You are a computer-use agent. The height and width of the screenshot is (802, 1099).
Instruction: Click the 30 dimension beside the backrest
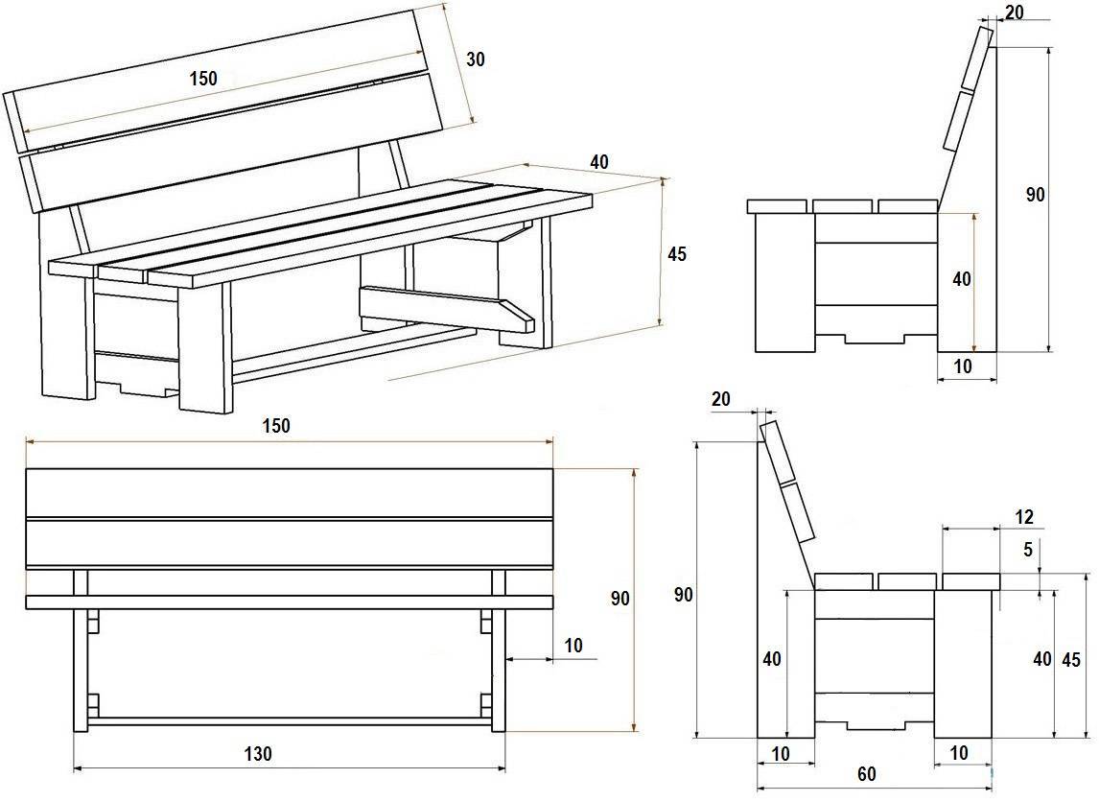coord(475,59)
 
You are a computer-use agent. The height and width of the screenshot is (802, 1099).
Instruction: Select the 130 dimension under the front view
coord(258,754)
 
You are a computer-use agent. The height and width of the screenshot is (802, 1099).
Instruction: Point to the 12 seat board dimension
coord(1024,518)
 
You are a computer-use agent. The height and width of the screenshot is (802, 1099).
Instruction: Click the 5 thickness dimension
coord(1028,550)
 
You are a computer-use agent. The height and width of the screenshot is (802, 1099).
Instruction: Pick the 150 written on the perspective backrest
coord(203,79)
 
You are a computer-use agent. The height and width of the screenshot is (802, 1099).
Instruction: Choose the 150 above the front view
coord(276,426)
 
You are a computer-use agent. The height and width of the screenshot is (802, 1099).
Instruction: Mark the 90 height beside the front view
coord(620,599)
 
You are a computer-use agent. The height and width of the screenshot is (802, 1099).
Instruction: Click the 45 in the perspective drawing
coord(677,254)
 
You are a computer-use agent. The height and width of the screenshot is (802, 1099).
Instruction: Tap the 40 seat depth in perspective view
coord(599,162)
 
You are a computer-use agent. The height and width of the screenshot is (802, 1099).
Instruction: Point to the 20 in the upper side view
coord(1013,12)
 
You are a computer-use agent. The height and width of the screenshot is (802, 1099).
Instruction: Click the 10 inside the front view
coord(573,646)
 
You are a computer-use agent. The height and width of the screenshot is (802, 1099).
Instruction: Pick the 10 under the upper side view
coord(963,366)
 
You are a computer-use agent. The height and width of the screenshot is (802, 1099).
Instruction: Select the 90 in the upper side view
coord(1035,195)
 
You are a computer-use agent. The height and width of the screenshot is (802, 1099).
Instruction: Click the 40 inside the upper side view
coord(962,279)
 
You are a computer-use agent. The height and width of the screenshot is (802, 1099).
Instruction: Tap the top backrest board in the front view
coord(289,492)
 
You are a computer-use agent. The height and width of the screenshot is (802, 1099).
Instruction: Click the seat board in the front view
coord(289,602)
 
